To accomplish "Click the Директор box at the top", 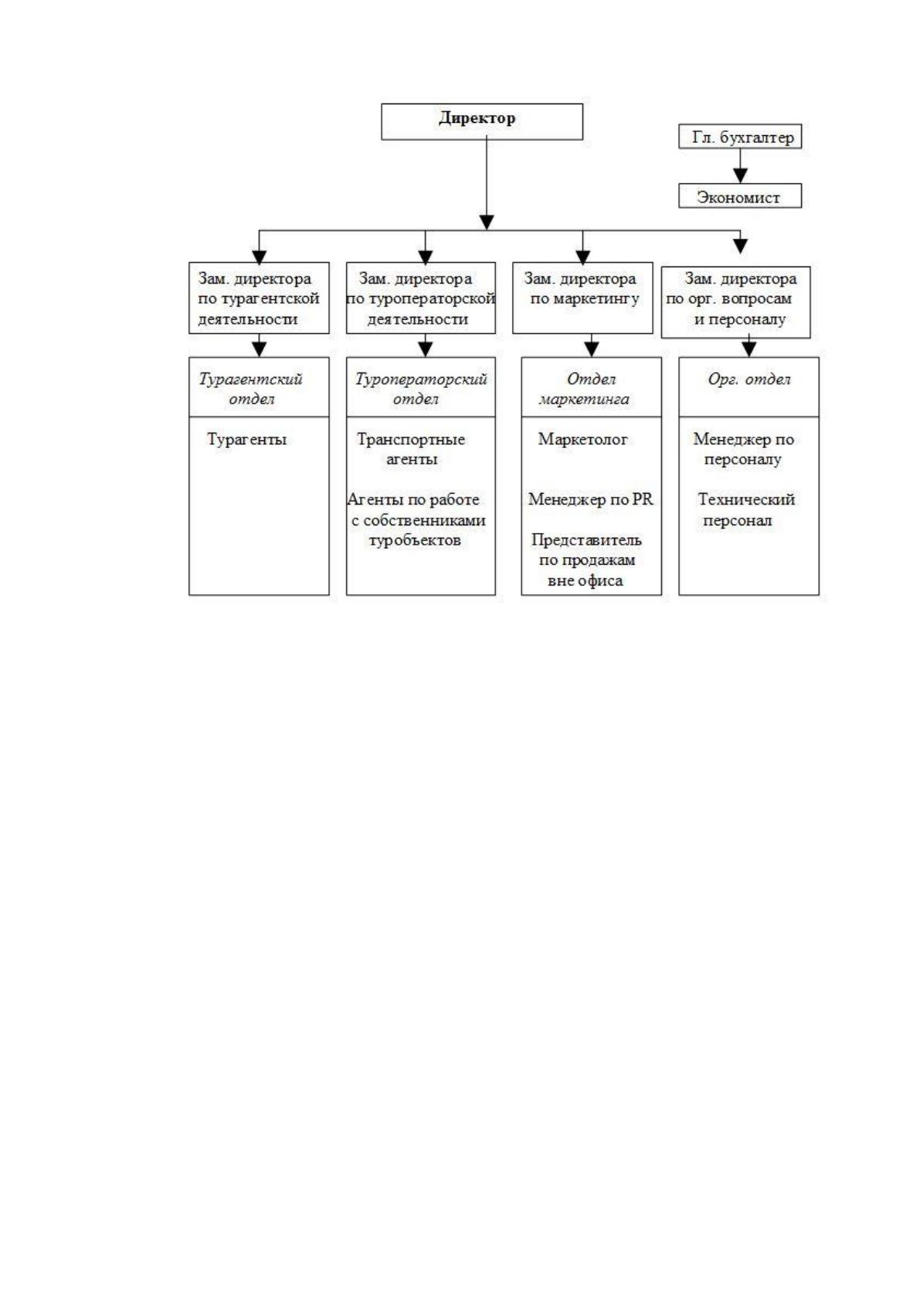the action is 481,121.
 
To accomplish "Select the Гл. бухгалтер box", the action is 740,136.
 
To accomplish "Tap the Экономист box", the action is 740,195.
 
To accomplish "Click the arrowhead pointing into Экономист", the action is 740,175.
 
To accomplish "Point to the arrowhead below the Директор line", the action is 487,222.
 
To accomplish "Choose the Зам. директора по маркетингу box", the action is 582,298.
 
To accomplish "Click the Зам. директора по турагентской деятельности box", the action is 259,298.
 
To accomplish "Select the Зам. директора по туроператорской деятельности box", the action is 420,298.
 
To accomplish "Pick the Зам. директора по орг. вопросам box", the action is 736,302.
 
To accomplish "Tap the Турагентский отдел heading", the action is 251,389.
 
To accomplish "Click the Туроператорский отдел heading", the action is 420,389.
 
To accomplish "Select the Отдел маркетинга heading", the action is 585,389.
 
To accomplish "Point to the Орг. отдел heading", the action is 749,379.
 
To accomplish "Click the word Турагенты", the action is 247,439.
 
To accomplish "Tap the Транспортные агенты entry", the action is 411,449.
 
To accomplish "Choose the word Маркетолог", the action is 582,439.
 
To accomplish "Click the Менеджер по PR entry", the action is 591,499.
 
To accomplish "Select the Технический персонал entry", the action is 745,509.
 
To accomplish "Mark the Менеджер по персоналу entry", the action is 743,449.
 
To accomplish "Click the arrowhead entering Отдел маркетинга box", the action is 591,349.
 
